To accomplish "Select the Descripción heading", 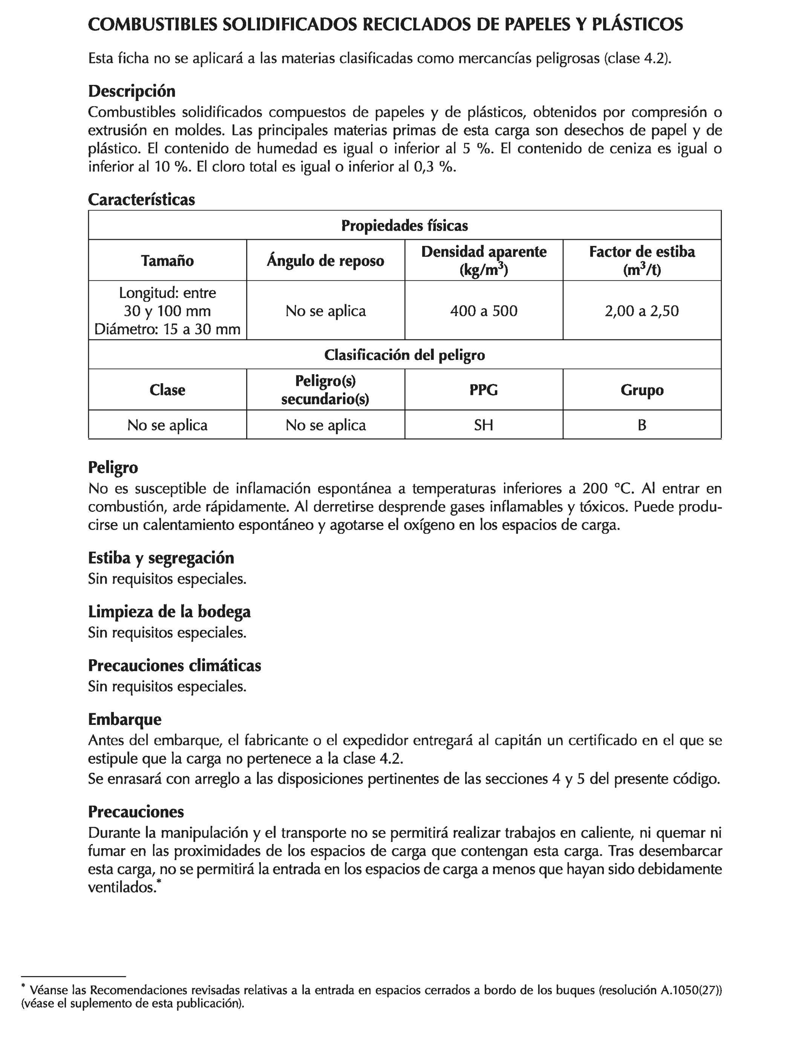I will (x=132, y=91).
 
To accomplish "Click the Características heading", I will (x=141, y=200).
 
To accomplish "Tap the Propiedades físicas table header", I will (x=404, y=225).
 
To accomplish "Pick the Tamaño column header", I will (x=167, y=261).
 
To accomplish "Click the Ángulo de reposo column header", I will (x=325, y=261).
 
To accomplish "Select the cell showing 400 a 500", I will (x=484, y=311).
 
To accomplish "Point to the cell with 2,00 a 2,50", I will (x=642, y=311).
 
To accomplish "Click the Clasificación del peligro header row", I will (x=404, y=355).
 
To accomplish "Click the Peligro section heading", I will (x=113, y=467).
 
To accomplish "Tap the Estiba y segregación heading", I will (x=161, y=557).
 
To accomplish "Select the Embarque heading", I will (x=124, y=719).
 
